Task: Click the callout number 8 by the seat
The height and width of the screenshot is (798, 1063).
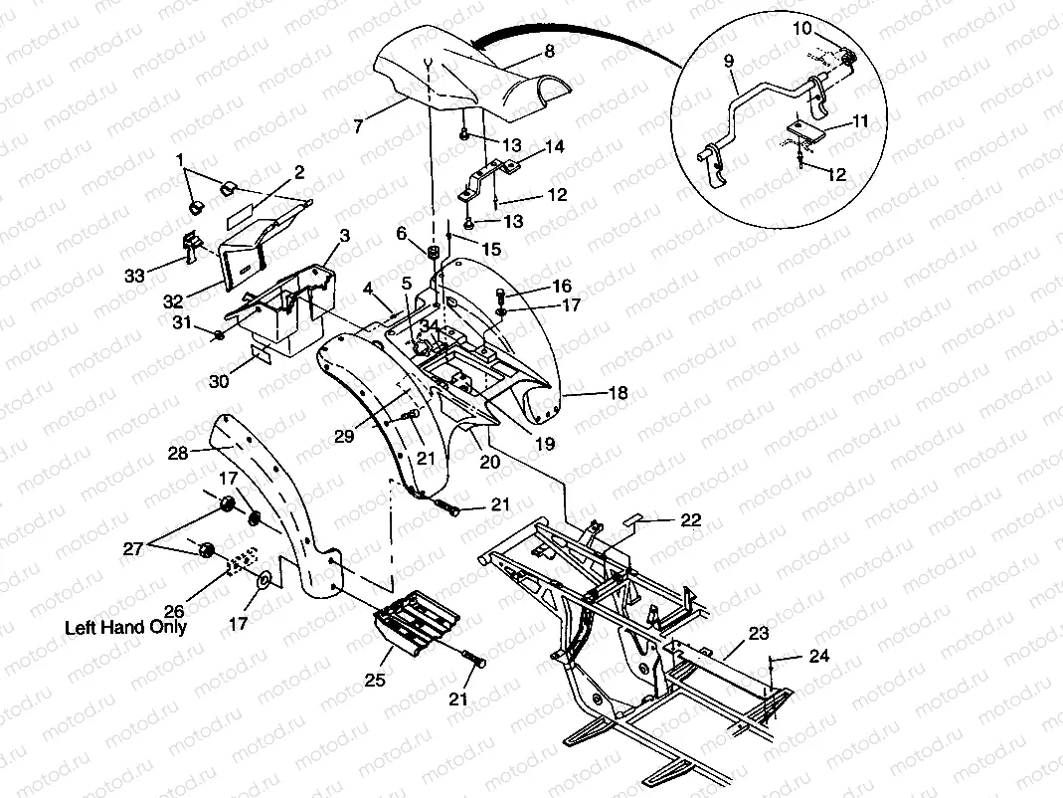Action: click(x=549, y=51)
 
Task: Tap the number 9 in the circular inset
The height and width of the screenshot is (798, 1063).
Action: click(x=729, y=61)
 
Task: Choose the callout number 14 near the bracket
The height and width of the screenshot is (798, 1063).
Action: click(x=554, y=146)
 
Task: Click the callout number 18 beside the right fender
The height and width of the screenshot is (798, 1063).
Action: click(x=618, y=394)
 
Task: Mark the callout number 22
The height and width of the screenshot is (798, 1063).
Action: click(x=691, y=519)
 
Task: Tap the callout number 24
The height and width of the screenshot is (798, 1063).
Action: click(x=818, y=656)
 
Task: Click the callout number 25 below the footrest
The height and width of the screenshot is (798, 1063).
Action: click(x=374, y=681)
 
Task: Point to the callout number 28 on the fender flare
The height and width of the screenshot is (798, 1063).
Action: click(x=177, y=454)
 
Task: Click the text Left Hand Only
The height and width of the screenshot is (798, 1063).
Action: click(x=125, y=628)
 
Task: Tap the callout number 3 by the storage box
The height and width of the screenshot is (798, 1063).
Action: click(x=344, y=235)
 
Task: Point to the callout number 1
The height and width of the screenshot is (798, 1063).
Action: click(x=180, y=159)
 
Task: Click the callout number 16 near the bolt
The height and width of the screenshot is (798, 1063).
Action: click(x=562, y=286)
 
